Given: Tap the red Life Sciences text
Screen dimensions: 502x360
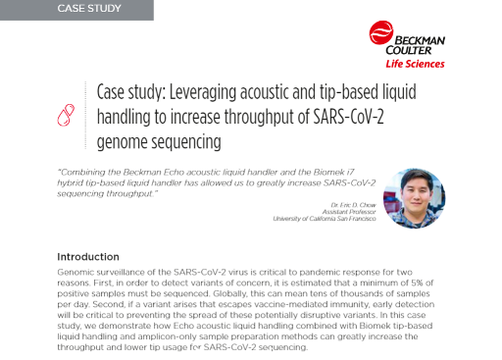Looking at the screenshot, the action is click(420, 64).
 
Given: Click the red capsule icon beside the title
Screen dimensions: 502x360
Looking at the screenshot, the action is click(67, 114).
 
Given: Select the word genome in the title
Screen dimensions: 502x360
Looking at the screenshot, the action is click(125, 142).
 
